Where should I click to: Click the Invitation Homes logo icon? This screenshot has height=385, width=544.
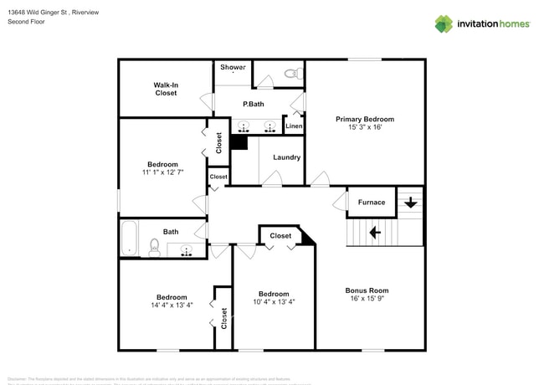point(444,23)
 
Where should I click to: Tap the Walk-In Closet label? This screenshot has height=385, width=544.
point(165,89)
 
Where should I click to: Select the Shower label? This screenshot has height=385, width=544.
point(233,66)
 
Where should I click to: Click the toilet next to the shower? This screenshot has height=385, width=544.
point(290,74)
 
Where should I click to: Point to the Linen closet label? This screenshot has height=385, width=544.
point(294,126)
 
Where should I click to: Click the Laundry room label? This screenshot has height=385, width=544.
point(286,157)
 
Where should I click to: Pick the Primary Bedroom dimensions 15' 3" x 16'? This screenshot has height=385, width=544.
point(364,127)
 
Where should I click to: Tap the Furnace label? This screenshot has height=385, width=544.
point(372,203)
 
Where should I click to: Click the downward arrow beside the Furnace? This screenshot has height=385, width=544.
point(410,202)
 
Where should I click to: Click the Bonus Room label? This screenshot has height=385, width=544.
point(367,290)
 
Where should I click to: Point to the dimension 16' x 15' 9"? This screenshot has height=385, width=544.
point(367,299)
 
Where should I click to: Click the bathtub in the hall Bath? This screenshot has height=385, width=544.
point(129,239)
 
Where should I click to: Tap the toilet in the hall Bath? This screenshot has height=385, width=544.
point(154,247)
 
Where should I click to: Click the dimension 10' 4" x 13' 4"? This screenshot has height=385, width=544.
point(274,302)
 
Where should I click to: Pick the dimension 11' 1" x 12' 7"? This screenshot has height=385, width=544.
point(162,172)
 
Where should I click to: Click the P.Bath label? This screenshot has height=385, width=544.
point(254,105)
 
